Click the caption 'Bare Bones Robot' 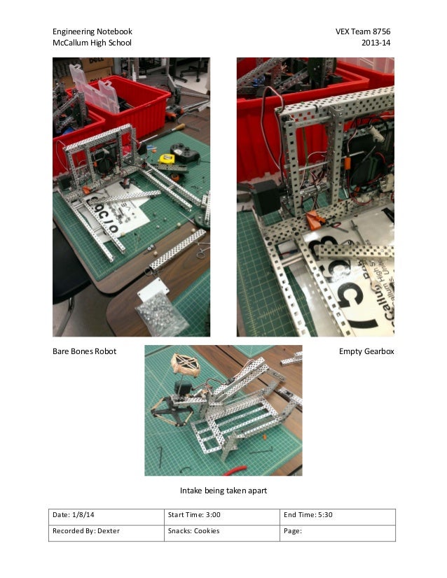84,351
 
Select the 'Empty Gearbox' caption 366,351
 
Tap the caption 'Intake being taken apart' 224,491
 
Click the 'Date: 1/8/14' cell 105,516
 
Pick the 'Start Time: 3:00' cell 221,516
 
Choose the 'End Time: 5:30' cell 337,516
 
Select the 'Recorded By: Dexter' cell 105,532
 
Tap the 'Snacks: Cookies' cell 221,532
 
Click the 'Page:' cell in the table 337,532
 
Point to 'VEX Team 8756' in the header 364,32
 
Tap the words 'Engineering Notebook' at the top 92,32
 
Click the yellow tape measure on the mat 167,160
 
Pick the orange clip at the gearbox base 313,222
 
